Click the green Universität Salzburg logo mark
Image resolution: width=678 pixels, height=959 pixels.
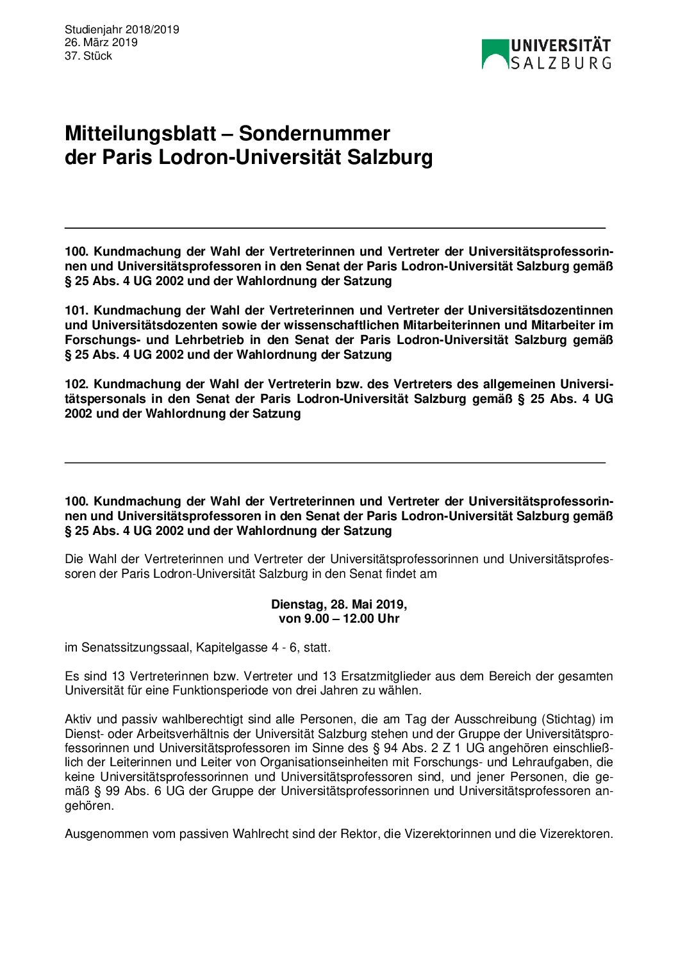pyautogui.click(x=495, y=54)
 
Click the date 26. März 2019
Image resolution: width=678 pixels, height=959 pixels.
pyautogui.click(x=101, y=43)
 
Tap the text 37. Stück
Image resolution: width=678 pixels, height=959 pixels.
pyautogui.click(x=88, y=56)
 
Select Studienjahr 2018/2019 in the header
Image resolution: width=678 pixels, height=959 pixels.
pyautogui.click(x=122, y=29)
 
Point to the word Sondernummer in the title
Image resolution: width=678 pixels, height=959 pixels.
pyautogui.click(x=314, y=133)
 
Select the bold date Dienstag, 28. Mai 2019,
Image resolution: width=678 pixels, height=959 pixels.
pyautogui.click(x=339, y=604)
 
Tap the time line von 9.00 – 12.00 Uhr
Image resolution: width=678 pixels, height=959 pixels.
pyautogui.click(x=339, y=619)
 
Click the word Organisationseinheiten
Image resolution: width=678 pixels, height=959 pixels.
pyautogui.click(x=335, y=762)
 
